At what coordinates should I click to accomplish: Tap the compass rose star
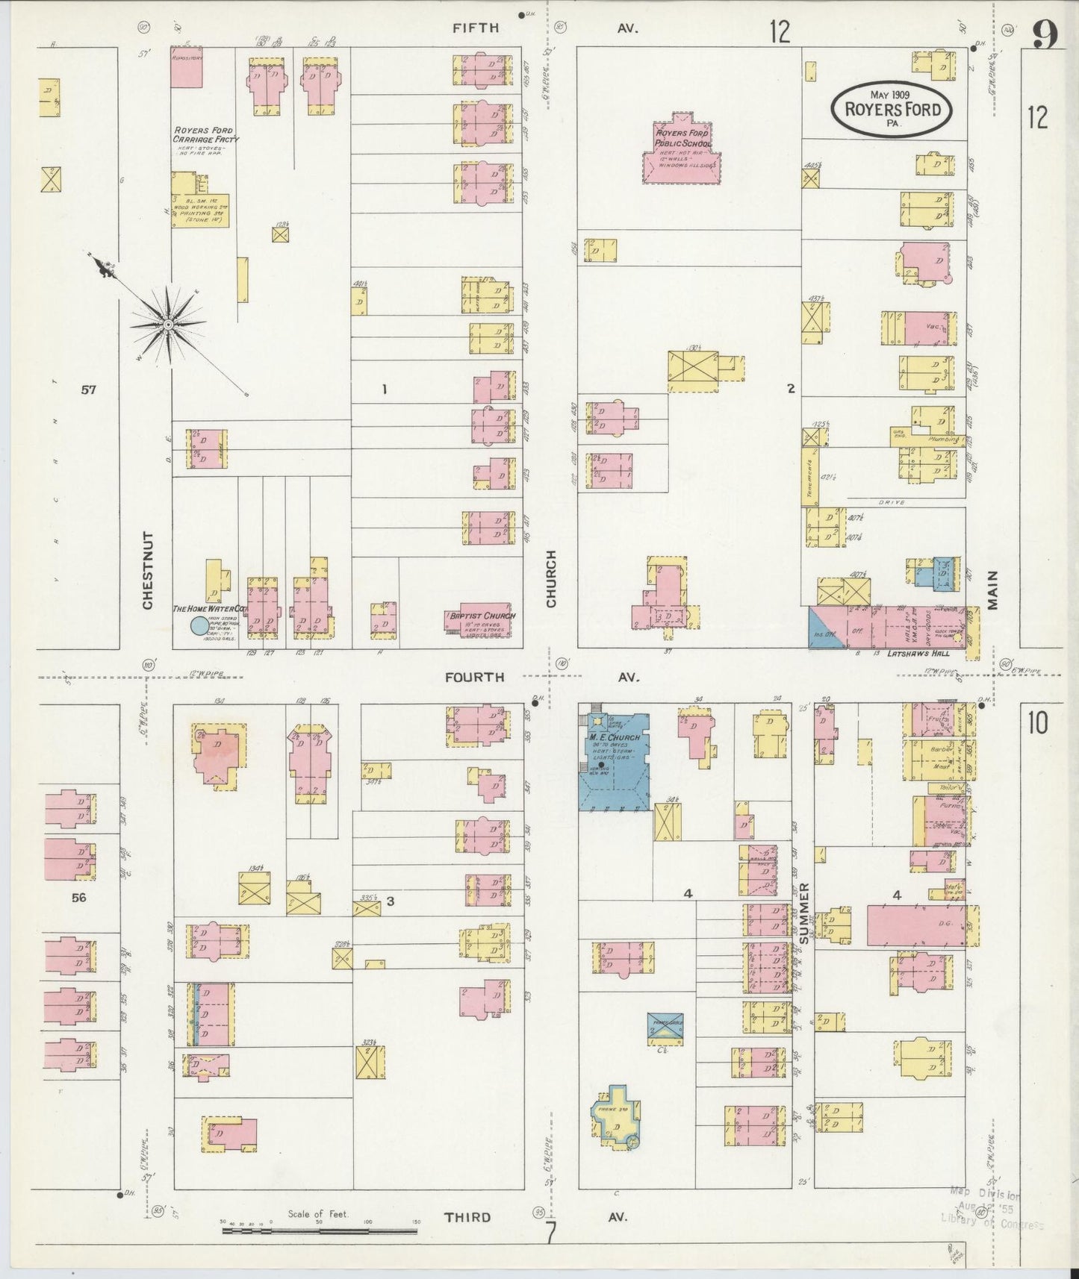point(169,325)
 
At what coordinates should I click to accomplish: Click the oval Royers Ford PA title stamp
point(892,109)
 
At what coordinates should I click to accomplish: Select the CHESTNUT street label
point(147,570)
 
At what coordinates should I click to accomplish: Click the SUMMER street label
point(804,914)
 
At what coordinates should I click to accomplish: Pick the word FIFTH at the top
point(476,28)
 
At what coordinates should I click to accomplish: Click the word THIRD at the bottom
point(468,1217)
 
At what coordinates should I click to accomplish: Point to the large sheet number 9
point(1045,35)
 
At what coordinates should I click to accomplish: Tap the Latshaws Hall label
point(918,654)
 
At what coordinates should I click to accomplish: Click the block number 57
point(89,389)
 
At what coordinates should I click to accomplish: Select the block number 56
point(78,898)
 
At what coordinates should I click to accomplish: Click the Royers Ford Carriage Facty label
point(202,135)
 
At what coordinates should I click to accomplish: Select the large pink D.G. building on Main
point(916,925)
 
